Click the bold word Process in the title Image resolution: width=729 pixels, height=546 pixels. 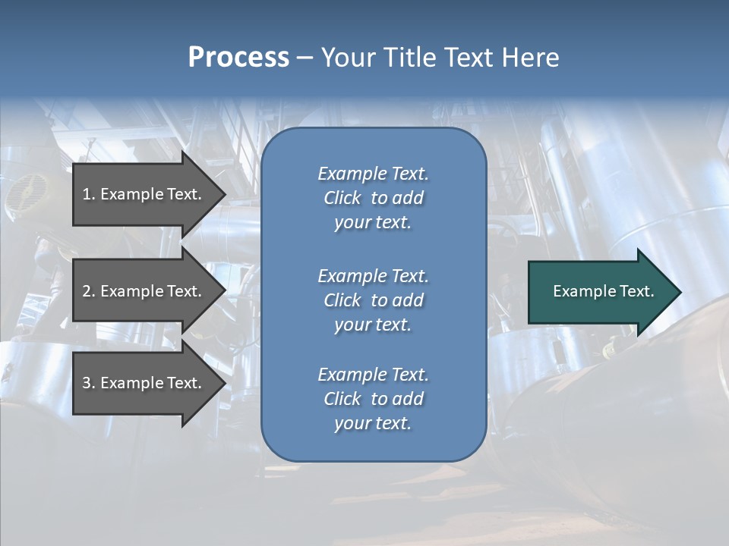238,58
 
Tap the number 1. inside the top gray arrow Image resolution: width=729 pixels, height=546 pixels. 89,194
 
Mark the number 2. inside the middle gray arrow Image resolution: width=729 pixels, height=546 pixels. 89,291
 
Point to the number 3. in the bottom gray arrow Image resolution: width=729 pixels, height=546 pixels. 89,383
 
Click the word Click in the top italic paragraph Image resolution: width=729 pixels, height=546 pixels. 342,198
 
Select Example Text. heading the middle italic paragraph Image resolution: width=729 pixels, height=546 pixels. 373,276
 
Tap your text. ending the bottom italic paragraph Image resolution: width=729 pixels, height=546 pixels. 373,423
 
